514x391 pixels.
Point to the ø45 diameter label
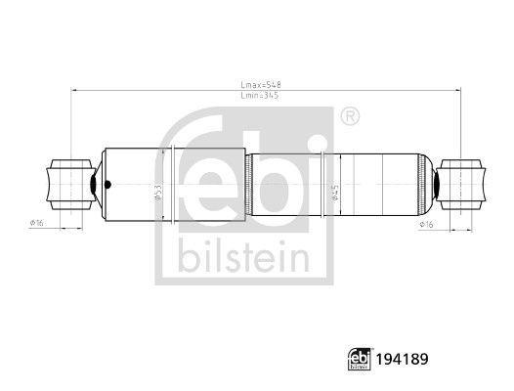pyautogui.click(x=334, y=194)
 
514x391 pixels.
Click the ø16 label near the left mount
pyautogui.click(x=38, y=223)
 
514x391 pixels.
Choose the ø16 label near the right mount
pyautogui.click(x=426, y=223)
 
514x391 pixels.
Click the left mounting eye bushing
pyautogui.click(x=62, y=183)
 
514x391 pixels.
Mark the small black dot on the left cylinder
pyautogui.click(x=108, y=183)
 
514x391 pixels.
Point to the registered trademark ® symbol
pyautogui.click(x=349, y=117)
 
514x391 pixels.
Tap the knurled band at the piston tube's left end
pyautogui.click(x=250, y=183)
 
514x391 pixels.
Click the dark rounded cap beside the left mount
pyautogui.click(x=94, y=183)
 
